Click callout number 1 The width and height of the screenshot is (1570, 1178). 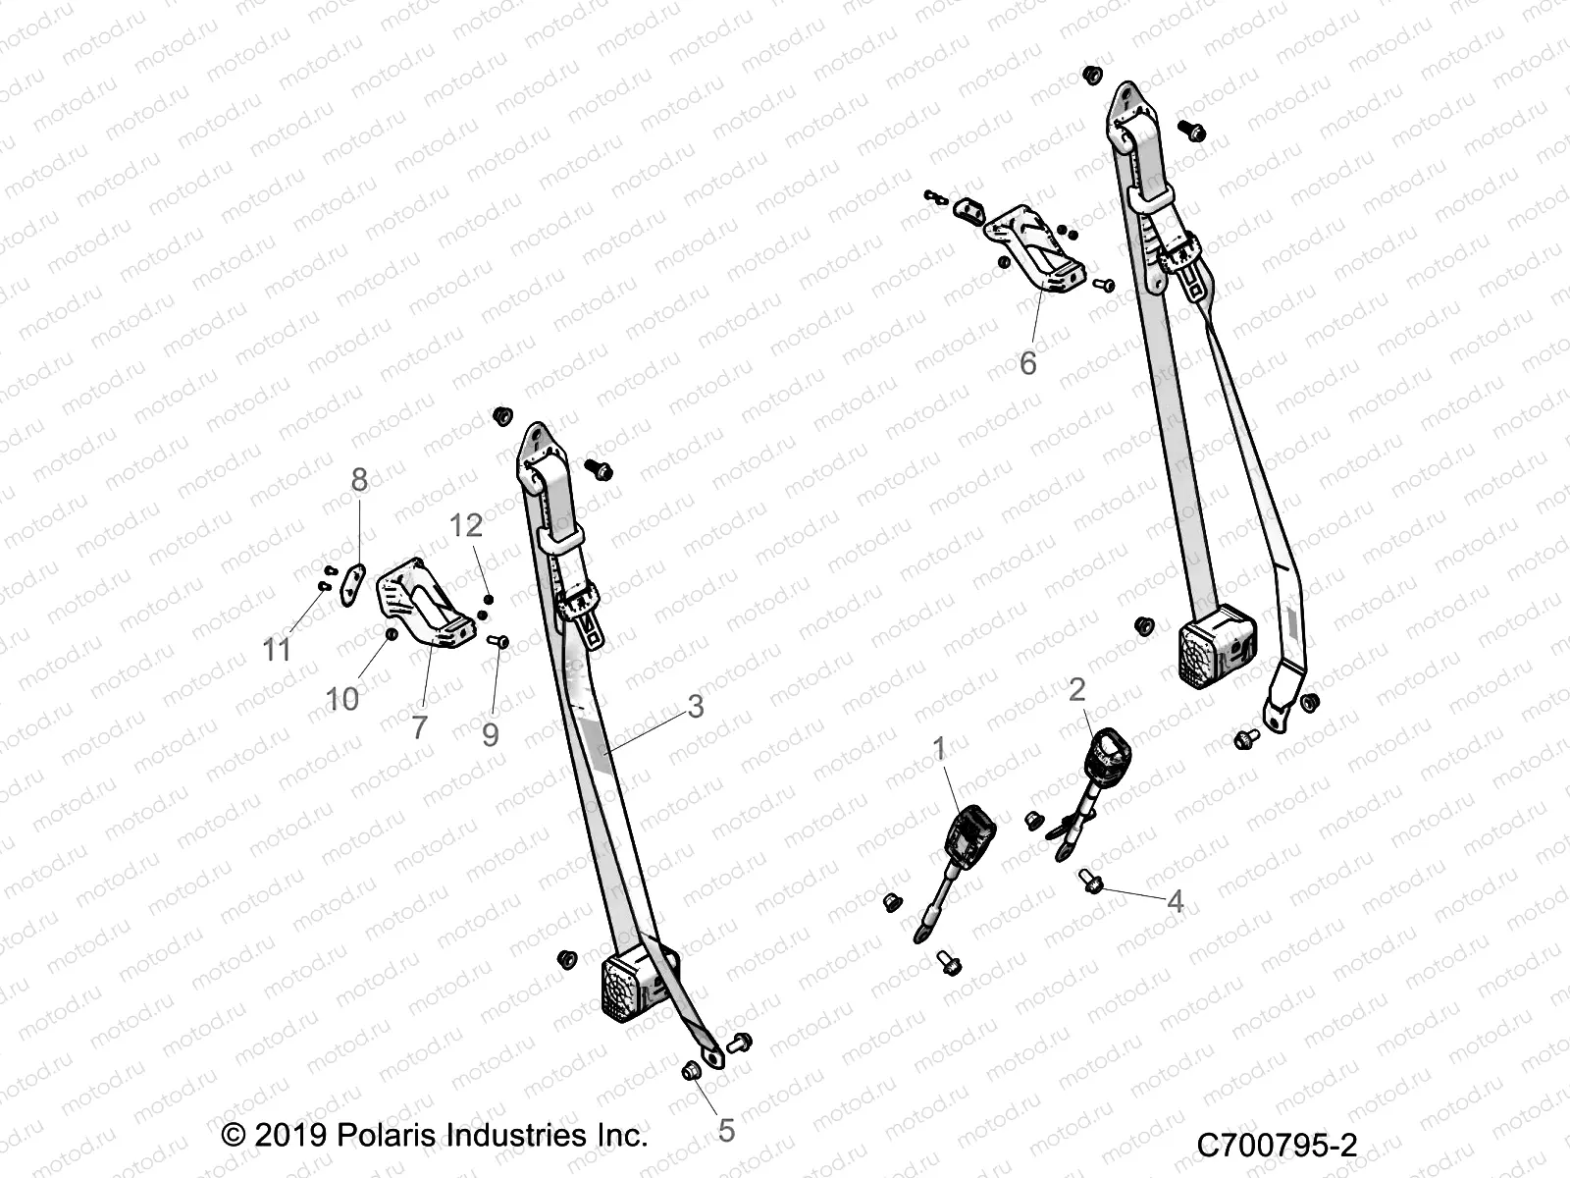[938, 750]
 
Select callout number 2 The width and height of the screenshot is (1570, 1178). [1076, 690]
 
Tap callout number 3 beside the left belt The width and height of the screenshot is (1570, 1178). [696, 706]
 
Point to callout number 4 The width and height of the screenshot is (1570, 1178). [1175, 901]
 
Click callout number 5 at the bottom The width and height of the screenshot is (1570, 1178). [726, 1131]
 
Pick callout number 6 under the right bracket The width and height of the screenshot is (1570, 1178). [1027, 364]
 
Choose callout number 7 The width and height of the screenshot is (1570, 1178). [420, 727]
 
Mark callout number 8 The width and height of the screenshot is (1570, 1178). [359, 480]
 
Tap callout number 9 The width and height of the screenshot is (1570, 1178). [491, 734]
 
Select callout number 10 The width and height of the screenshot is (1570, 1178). [342, 699]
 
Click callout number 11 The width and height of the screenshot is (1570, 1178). [278, 650]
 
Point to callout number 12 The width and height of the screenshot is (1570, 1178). [466, 526]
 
